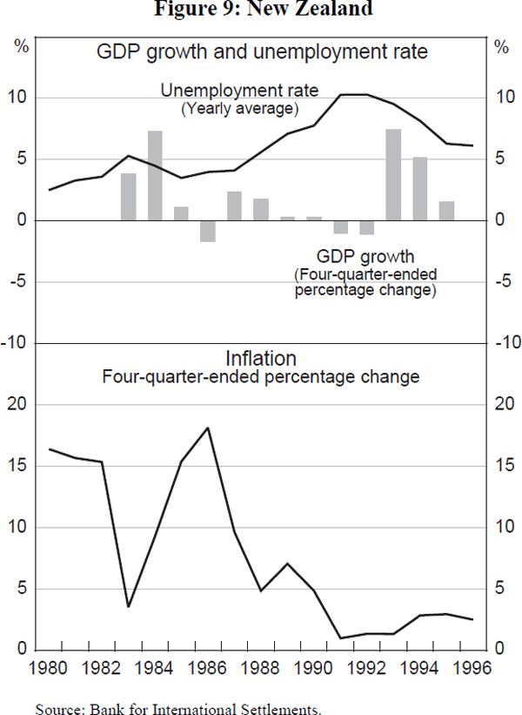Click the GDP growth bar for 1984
pyautogui.click(x=155, y=176)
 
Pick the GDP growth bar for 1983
pyautogui.click(x=129, y=197)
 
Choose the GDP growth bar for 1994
pyautogui.click(x=419, y=189)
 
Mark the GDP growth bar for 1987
pyautogui.click(x=234, y=206)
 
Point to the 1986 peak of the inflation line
pyautogui.click(x=208, y=428)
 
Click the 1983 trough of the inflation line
pyautogui.click(x=129, y=606)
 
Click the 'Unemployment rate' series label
pyautogui.click(x=240, y=91)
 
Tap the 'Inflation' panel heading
pyautogui.click(x=261, y=358)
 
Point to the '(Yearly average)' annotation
pyautogui.click(x=240, y=109)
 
